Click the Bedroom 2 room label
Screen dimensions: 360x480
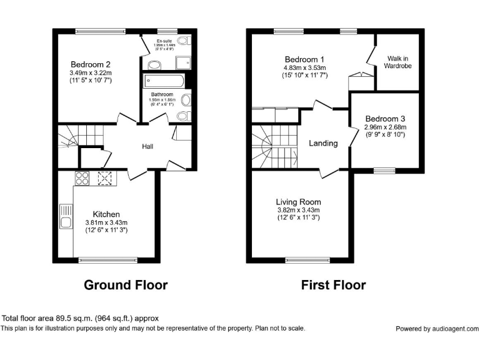pos(91,64)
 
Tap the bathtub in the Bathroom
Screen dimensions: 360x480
pos(163,81)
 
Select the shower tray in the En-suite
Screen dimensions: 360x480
pos(184,61)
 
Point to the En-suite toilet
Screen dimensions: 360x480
pos(182,41)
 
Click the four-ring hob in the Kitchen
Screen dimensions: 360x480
pos(82,179)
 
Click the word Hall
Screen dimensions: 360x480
pos(148,146)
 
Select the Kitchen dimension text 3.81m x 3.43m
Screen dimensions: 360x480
pos(106,222)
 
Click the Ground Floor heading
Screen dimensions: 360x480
pos(126,286)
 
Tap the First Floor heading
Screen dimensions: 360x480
pos(333,286)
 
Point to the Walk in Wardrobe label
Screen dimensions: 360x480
pos(397,62)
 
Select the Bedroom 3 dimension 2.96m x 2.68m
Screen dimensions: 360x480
pos(385,127)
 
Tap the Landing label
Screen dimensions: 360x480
pos(323,143)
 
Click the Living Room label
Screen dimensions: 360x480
pos(298,202)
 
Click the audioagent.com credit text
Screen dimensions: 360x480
pos(437,329)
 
